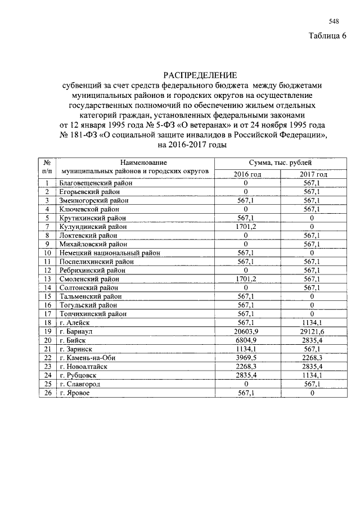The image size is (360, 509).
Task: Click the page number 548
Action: (x=334, y=21)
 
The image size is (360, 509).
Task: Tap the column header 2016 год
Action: (x=247, y=174)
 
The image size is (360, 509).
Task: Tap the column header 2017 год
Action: (x=313, y=174)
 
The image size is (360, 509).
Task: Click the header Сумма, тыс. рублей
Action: (x=280, y=163)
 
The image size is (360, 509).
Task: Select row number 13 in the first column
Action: (x=48, y=279)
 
